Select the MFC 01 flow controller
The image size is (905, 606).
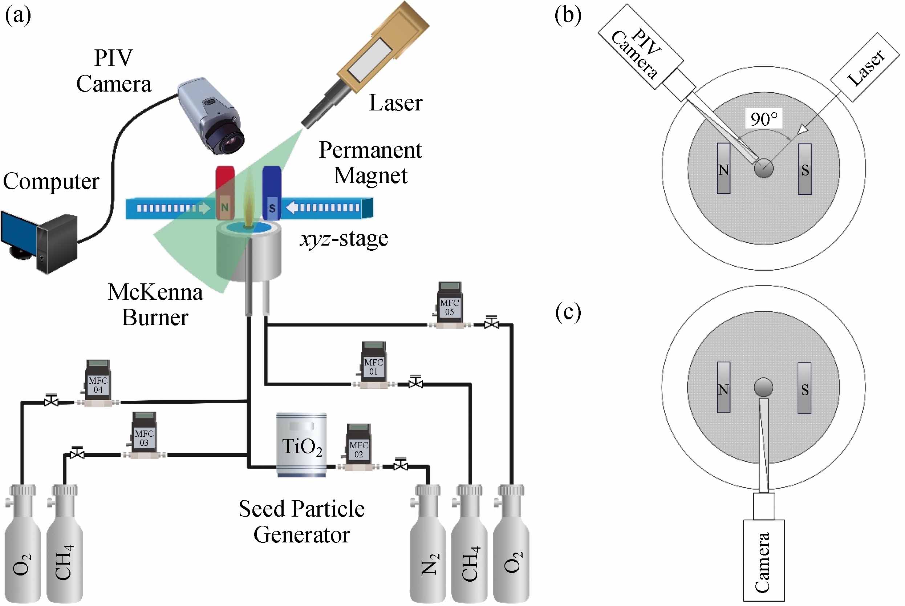click(373, 365)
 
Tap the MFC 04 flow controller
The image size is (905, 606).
click(98, 384)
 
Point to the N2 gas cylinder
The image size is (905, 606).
click(428, 549)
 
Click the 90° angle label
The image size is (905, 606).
click(764, 119)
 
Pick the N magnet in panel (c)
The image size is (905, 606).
click(723, 388)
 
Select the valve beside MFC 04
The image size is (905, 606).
click(51, 401)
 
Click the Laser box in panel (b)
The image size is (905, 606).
click(865, 67)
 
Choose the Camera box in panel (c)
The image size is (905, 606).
click(764, 560)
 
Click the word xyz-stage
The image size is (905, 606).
click(344, 239)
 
